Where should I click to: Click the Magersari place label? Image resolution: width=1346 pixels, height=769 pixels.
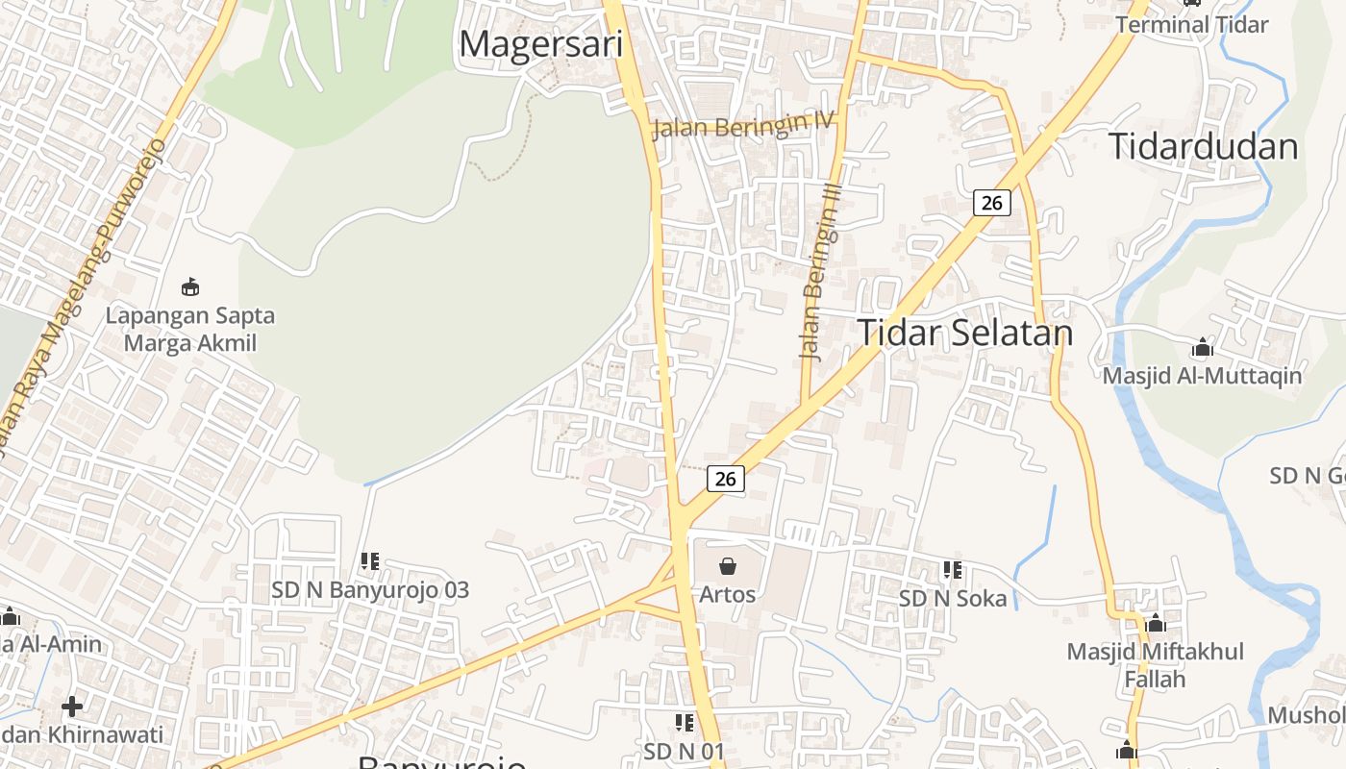(541, 44)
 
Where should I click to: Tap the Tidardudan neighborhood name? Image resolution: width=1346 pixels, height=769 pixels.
(1203, 146)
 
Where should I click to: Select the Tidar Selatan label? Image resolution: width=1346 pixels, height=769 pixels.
(964, 333)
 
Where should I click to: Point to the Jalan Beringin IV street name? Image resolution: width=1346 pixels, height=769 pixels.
(743, 125)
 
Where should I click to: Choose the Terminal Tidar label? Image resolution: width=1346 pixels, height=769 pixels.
(1191, 25)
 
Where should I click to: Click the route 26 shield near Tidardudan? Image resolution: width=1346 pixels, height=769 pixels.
(992, 202)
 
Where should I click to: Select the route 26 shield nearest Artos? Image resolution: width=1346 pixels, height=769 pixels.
(726, 478)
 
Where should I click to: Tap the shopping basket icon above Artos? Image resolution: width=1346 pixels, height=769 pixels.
(728, 566)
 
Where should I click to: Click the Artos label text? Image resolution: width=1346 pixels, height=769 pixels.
(728, 594)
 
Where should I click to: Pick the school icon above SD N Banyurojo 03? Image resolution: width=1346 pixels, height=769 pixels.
(370, 560)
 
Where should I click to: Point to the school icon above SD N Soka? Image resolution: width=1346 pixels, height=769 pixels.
(953, 570)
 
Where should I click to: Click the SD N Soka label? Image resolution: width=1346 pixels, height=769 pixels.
(953, 599)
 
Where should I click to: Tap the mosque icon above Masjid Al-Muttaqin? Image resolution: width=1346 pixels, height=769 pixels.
(1202, 347)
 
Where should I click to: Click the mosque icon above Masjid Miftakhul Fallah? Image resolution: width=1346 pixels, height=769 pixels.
(1156, 623)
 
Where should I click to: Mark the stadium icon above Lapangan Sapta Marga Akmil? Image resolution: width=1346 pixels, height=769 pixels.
(190, 286)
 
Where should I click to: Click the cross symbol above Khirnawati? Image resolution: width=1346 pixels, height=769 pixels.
(72, 707)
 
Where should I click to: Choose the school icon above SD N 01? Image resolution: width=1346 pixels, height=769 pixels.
(685, 722)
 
